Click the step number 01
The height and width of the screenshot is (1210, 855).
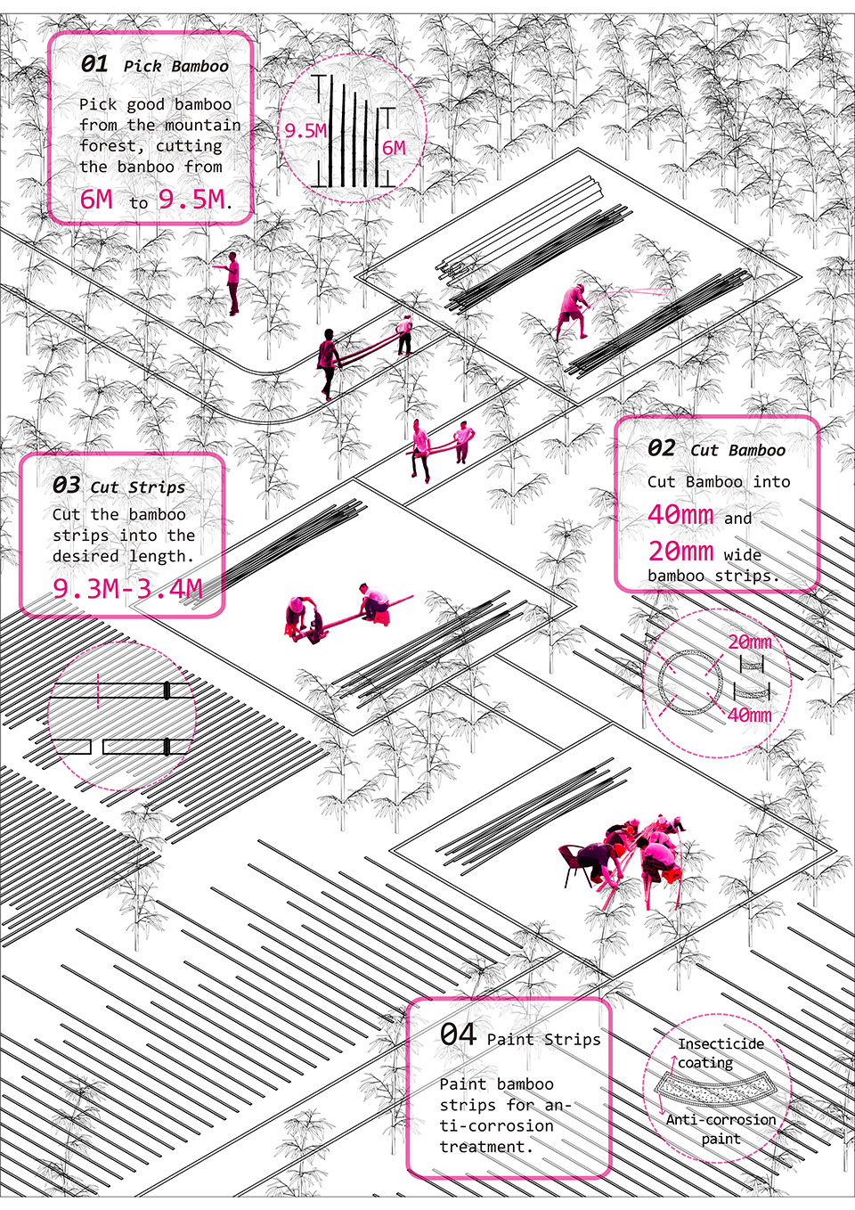(94, 64)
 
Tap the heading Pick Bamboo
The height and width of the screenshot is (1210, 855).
(176, 67)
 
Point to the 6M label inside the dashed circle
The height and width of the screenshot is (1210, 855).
(394, 148)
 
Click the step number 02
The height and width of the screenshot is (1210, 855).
(661, 448)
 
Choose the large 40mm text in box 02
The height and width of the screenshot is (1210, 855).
(680, 514)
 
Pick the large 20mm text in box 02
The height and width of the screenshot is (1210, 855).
(680, 551)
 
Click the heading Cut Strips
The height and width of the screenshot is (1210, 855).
(138, 486)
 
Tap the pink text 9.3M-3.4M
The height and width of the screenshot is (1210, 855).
(127, 588)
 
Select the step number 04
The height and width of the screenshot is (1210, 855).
(459, 1034)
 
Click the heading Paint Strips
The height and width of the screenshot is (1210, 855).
(543, 1038)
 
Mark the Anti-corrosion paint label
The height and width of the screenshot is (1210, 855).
(721, 1129)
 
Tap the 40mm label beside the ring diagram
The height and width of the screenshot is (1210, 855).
(749, 715)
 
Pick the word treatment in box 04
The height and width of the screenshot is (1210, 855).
(486, 1146)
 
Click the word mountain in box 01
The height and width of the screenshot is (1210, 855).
(203, 125)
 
